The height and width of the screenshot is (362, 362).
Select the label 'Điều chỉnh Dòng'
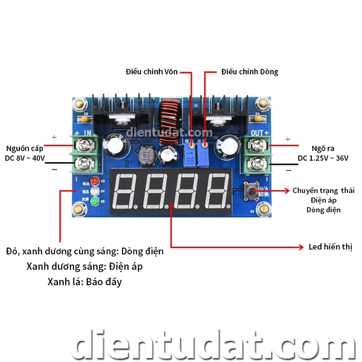pos(250,72)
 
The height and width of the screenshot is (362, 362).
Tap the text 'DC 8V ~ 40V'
pos(25,159)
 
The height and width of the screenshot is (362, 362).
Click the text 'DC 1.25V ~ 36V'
pos(322,159)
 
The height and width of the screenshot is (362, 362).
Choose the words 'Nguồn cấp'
pos(25,148)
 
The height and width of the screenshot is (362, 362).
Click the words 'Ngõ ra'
pos(322,148)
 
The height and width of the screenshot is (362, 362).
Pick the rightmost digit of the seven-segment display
pos(215,191)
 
